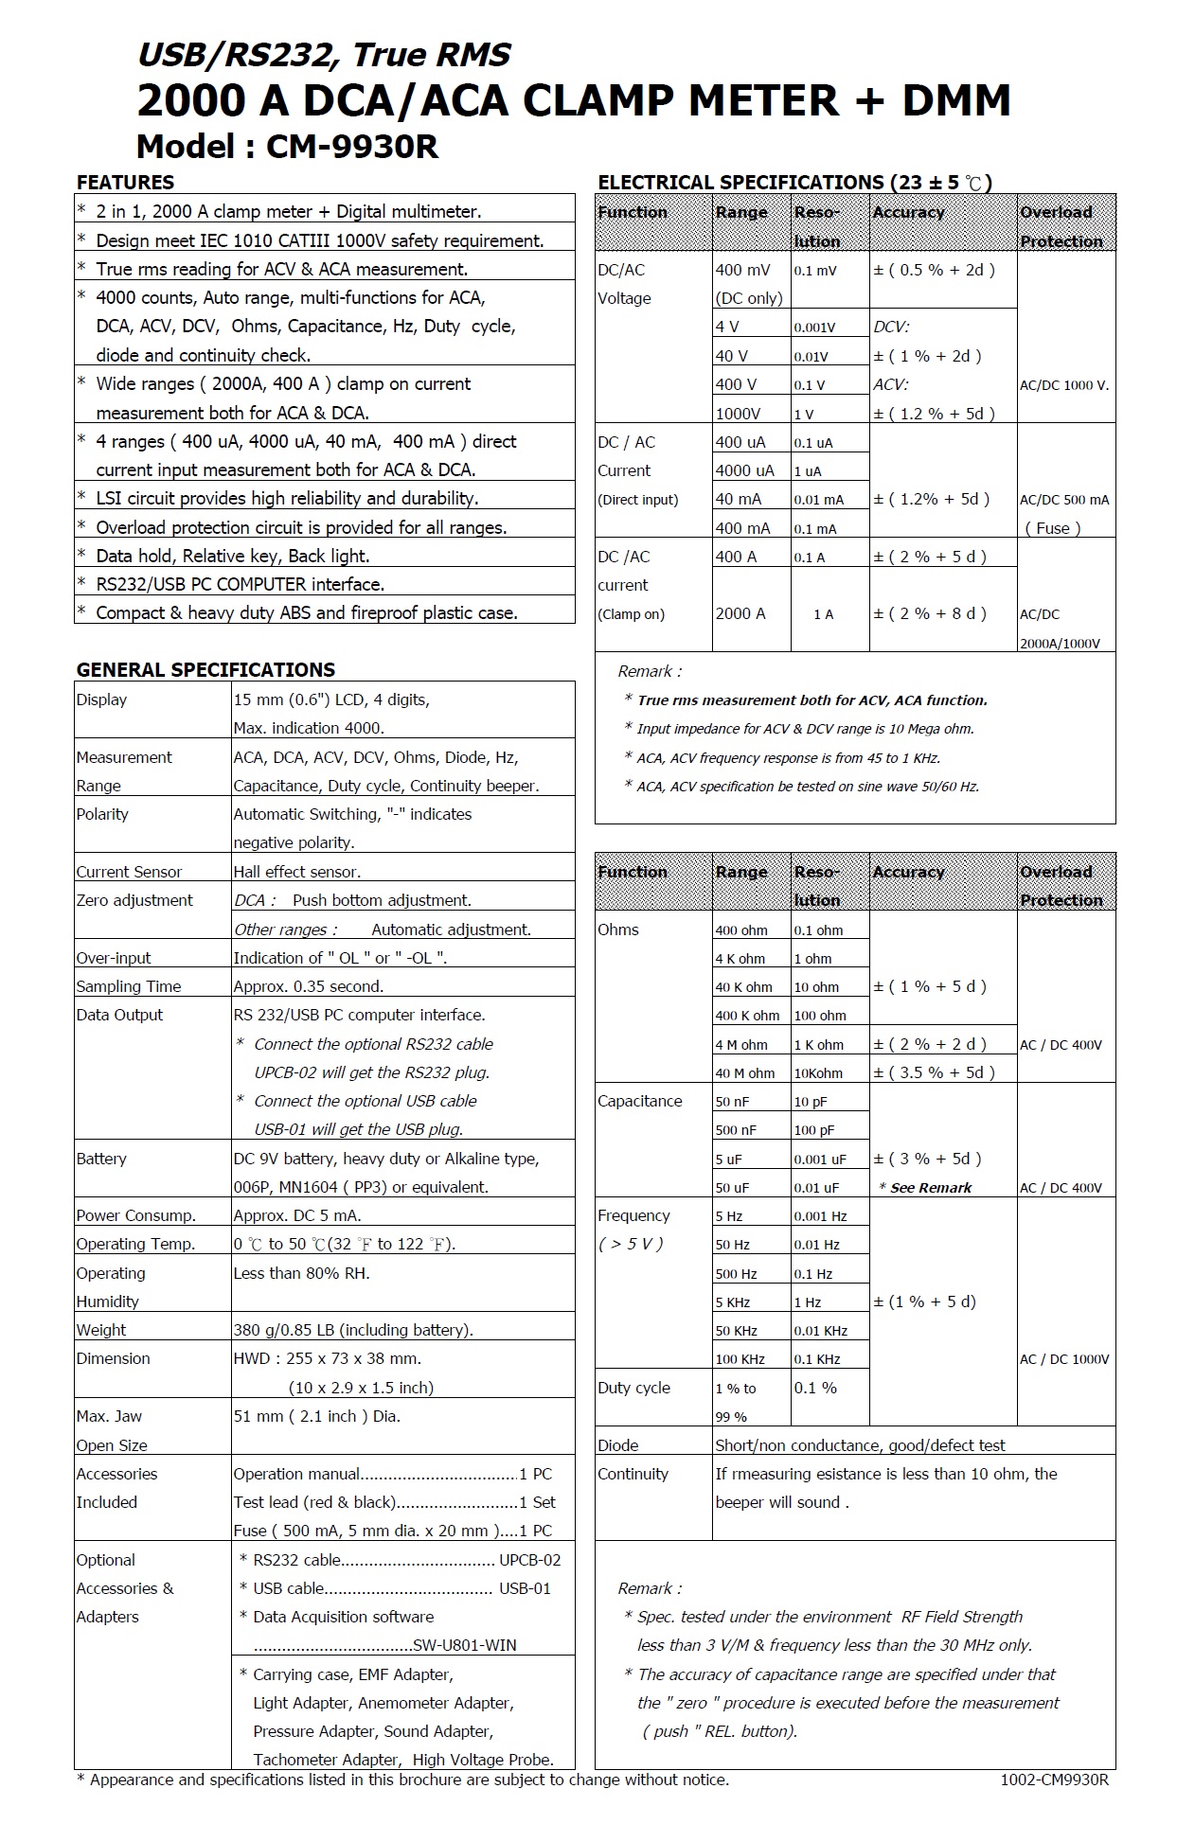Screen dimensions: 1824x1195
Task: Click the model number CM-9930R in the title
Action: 352,147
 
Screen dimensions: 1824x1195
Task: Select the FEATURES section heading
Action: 125,183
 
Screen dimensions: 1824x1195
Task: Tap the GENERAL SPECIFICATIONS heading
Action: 205,670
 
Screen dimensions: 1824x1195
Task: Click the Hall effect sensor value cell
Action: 297,872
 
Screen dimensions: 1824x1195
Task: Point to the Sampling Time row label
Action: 129,986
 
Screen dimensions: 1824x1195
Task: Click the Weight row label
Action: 101,1330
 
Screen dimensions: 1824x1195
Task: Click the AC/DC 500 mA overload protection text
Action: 1064,500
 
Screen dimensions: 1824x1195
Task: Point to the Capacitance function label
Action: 640,1101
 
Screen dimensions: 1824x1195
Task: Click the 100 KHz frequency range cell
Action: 740,1359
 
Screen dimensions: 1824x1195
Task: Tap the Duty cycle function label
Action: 633,1388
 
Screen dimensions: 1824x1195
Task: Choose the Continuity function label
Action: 633,1474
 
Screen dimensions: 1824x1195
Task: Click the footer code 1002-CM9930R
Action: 1054,1780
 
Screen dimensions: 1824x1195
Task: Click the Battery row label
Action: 101,1159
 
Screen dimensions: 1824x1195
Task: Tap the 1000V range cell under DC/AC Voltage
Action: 739,414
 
